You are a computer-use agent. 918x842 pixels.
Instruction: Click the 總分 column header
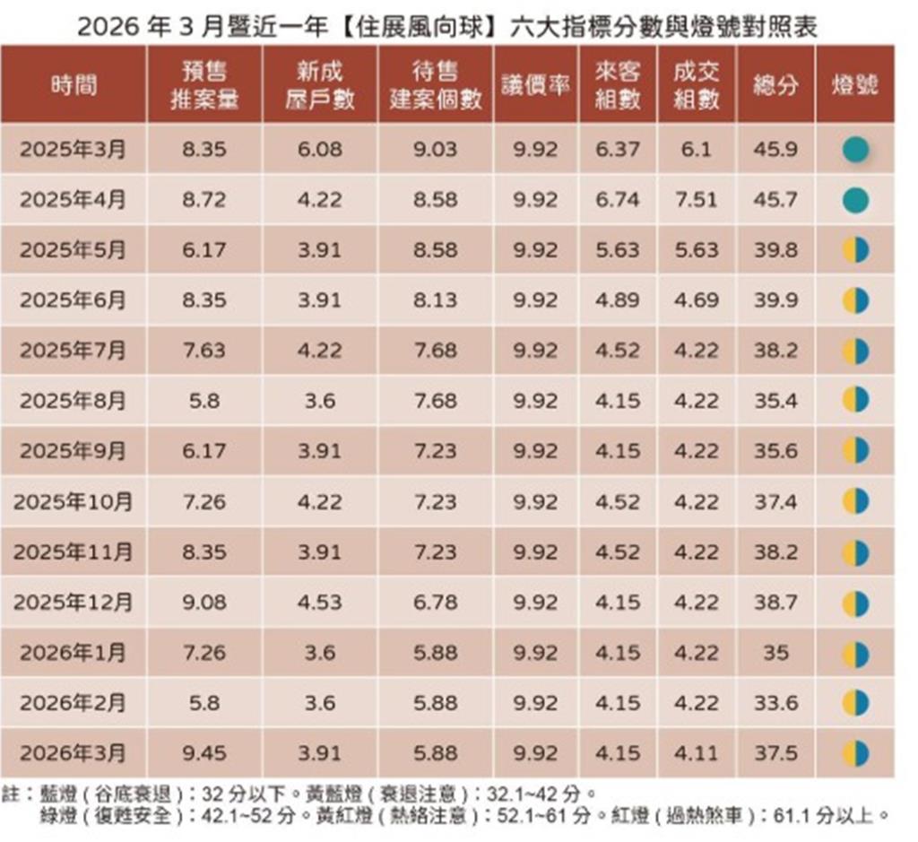[x=775, y=85]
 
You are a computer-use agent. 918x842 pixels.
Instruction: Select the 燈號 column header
[x=854, y=85]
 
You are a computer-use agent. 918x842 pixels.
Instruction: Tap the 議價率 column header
[x=536, y=85]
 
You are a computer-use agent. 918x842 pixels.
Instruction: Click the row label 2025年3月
[x=74, y=150]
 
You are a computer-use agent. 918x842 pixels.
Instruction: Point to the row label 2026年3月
[x=74, y=753]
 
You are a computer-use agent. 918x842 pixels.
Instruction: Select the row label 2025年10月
[x=74, y=502]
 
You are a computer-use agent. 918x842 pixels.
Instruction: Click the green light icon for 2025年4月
[x=855, y=200]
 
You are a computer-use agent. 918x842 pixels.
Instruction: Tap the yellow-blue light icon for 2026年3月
[x=855, y=753]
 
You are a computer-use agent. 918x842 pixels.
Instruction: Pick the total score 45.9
[x=775, y=150]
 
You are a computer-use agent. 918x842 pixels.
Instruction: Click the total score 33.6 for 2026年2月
[x=775, y=703]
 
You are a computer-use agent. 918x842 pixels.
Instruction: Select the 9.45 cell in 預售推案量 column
[x=204, y=753]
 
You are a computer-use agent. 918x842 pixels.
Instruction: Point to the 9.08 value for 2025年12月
[x=204, y=603]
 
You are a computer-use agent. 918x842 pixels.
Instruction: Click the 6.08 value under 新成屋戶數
[x=320, y=150]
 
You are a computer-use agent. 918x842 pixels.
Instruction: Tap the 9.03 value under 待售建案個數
[x=435, y=150]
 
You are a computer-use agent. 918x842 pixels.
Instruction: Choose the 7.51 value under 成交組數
[x=696, y=200]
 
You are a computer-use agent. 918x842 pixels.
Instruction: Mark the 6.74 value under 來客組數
[x=618, y=200]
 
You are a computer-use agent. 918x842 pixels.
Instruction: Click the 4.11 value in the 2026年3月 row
[x=696, y=753]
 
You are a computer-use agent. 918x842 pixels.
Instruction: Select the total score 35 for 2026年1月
[x=775, y=653]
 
